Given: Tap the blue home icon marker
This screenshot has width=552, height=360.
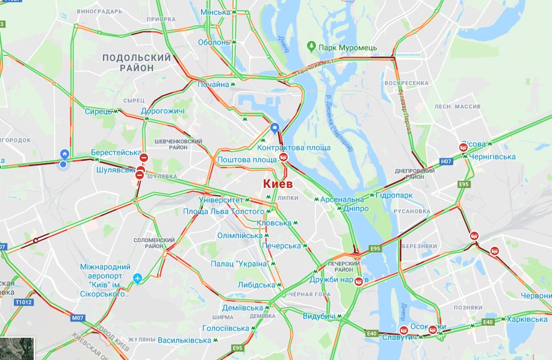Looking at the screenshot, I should click(x=64, y=155).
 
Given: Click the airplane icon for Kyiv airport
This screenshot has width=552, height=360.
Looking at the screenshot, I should click(x=138, y=279).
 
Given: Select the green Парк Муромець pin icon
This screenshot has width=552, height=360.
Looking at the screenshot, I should click(x=311, y=46).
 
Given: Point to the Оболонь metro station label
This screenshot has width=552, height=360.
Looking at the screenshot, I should click(x=214, y=42).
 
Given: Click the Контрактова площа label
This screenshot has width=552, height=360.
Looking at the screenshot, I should click(x=294, y=147).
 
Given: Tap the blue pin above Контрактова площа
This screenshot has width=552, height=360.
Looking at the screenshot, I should click(x=274, y=128).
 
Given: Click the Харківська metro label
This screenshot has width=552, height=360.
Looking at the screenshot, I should click(x=527, y=319).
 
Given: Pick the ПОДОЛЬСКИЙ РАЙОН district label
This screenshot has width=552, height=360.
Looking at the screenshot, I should click(x=137, y=63).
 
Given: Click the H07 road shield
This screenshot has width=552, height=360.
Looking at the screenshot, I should click(x=446, y=161).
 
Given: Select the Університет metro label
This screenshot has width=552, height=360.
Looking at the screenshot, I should click(x=220, y=199).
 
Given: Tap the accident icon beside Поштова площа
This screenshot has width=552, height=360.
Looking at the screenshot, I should click(x=283, y=159).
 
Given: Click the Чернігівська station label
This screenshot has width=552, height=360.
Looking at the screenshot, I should click(x=492, y=157).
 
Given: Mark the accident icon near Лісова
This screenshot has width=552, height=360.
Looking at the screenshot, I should click(x=464, y=147).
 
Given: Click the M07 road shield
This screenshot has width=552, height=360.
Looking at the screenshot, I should click(x=78, y=317).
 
